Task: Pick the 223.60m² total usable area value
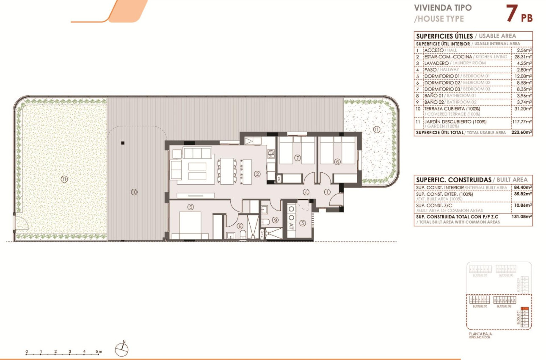522,133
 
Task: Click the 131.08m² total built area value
523,216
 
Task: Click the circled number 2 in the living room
256,173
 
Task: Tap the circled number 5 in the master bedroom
191,207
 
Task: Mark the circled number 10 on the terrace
134,192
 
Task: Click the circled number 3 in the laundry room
302,223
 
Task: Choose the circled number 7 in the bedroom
297,158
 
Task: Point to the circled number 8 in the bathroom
240,227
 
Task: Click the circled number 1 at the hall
327,191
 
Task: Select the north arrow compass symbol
122,349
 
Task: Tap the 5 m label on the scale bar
99,352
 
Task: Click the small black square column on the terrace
122,143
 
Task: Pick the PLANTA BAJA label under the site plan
480,334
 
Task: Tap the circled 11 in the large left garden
64,179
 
